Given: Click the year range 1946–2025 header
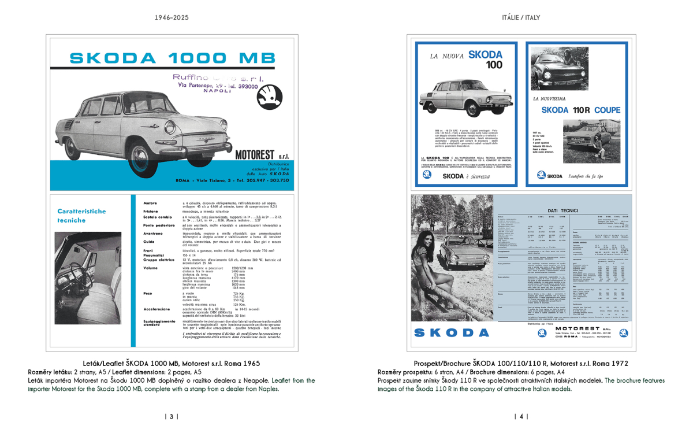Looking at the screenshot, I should [x=171, y=18].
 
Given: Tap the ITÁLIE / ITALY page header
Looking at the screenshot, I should [x=521, y=18].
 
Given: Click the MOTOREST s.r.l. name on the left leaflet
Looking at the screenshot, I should [x=262, y=155].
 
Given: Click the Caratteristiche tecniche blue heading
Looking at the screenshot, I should [x=81, y=216].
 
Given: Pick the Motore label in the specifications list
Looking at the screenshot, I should [x=150, y=203].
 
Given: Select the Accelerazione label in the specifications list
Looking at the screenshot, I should [x=157, y=309].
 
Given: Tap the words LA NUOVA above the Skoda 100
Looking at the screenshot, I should [x=446, y=57].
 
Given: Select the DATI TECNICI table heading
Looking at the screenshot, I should [x=560, y=211].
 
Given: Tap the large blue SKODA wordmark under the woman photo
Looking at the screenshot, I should [x=452, y=333].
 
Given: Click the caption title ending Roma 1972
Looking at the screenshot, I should [x=521, y=364].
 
